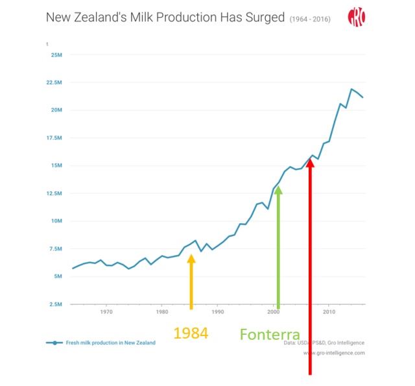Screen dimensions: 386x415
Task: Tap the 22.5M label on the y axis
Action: [54, 83]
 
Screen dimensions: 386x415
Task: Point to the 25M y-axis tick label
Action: [56, 54]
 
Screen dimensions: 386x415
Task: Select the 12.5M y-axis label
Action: [54, 193]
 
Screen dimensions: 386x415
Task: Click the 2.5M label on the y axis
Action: [55, 304]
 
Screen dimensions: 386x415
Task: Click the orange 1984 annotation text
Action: [191, 333]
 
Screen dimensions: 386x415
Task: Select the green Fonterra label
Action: [270, 335]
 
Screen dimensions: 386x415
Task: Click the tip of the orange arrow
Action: [191, 255]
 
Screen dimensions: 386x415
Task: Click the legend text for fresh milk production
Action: [111, 343]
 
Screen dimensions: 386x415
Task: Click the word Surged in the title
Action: [263, 16]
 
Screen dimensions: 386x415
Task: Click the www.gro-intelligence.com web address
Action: [334, 353]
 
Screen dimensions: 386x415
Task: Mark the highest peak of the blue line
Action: [351, 89]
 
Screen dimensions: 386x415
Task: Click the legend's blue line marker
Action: [54, 343]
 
